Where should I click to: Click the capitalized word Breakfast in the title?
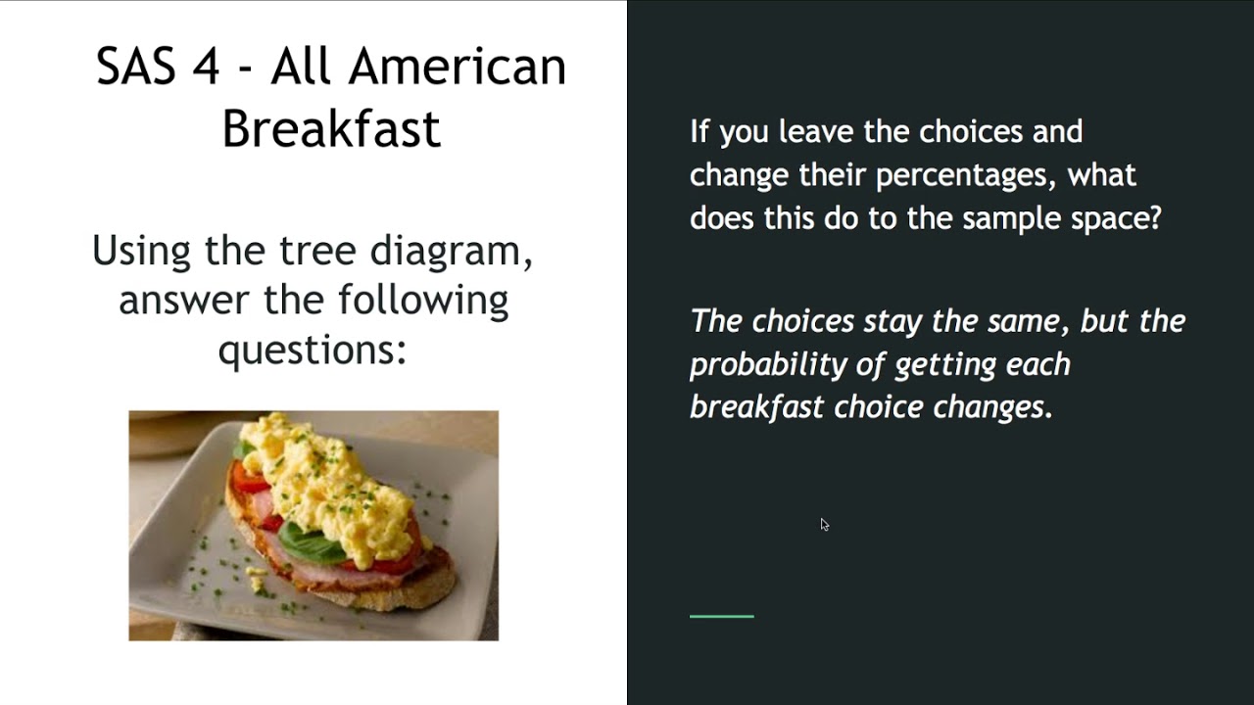(331, 129)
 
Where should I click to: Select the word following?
(423, 300)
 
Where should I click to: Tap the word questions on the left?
(312, 349)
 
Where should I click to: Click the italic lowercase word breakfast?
(756, 407)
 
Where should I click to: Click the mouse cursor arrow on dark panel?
(824, 524)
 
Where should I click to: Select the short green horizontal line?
(721, 616)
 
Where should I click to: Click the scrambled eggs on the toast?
(323, 480)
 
